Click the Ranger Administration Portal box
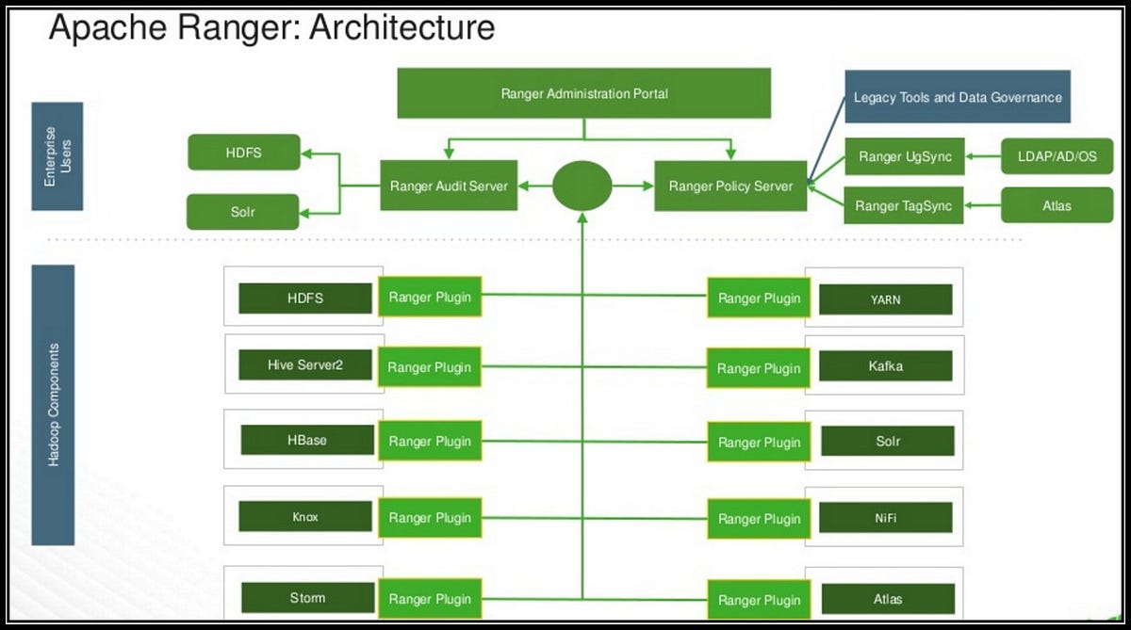[x=584, y=94]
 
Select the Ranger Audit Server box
[x=449, y=186]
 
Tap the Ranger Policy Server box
[x=730, y=186]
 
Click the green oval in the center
[x=582, y=186]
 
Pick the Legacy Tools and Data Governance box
[x=957, y=97]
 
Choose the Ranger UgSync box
[x=904, y=157]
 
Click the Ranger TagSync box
[x=904, y=205]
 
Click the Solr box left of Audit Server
[x=243, y=212]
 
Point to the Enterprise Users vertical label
[x=57, y=156]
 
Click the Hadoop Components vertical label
[x=53, y=405]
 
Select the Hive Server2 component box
[x=305, y=364]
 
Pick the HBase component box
[x=307, y=440]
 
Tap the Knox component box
[x=305, y=517]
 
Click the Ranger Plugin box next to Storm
[x=430, y=599]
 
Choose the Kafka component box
[x=885, y=365]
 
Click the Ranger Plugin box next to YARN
[x=759, y=299]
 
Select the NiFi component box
[x=885, y=517]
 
